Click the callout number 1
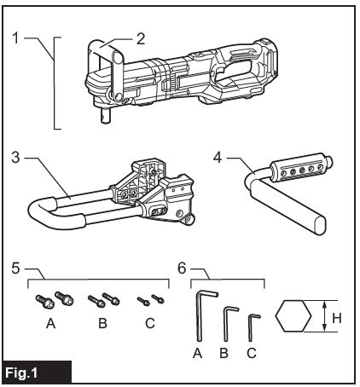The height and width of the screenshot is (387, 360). coord(16,38)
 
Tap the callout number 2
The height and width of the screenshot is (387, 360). coord(141,39)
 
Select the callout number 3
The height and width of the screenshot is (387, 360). coord(16,157)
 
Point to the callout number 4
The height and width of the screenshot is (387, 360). coord(218,157)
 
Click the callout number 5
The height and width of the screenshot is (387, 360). coord(16,268)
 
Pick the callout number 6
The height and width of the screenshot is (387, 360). coord(182,268)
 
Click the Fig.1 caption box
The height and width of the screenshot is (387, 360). coord(37,372)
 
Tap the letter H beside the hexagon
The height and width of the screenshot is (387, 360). coord(337,318)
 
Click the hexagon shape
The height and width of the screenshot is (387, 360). coord(293,316)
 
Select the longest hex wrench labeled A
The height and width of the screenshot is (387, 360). coord(199,315)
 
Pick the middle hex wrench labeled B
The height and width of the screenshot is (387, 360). coord(226,324)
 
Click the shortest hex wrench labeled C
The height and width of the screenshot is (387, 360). coord(251,327)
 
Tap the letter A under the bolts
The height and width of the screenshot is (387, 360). coord(50,323)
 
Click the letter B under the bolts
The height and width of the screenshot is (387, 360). coord(102,323)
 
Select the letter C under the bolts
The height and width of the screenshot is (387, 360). coord(150,323)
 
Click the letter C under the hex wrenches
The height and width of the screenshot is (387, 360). coord(252,353)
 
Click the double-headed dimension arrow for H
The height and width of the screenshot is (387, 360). coord(324,316)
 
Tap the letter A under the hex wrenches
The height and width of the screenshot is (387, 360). coord(197,353)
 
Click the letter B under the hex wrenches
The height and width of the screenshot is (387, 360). coord(224,353)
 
